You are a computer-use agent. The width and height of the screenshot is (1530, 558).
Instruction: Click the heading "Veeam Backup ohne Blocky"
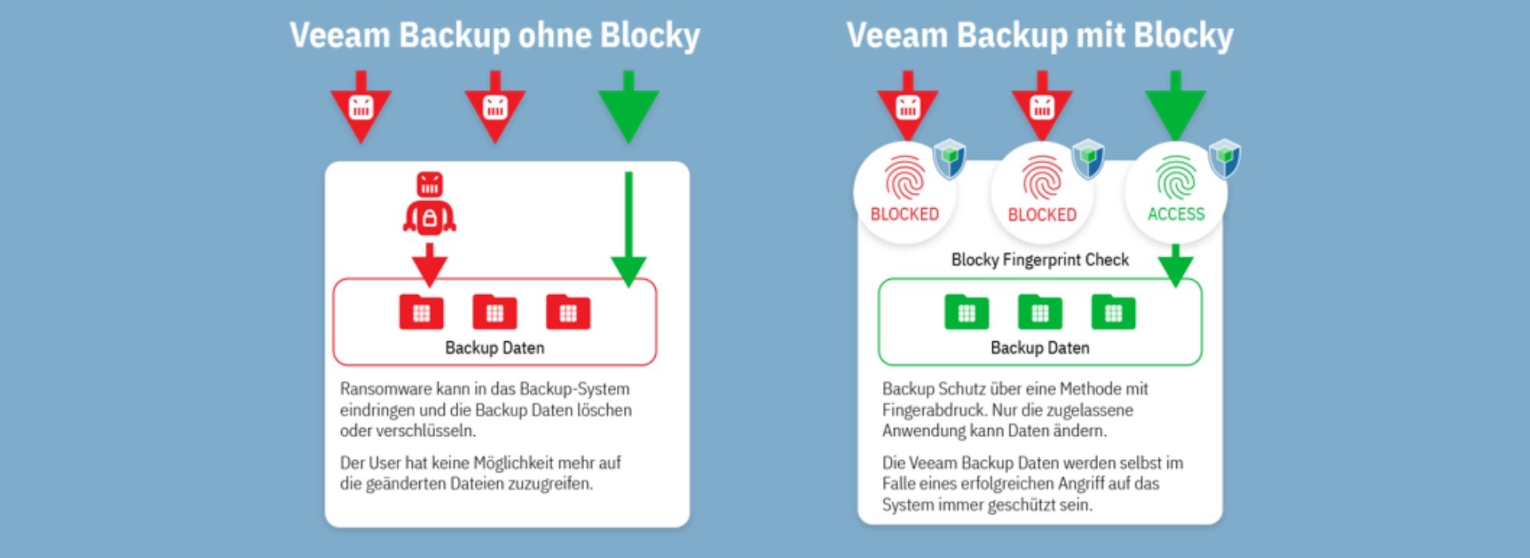point(494,36)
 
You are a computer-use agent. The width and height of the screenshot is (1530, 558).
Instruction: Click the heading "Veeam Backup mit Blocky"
point(1039,36)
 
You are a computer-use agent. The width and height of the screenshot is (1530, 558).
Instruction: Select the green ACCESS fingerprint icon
point(1175,177)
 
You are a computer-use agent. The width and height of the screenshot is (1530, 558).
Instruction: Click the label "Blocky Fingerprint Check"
point(1039,260)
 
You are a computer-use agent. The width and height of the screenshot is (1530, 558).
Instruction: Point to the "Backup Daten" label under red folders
point(494,348)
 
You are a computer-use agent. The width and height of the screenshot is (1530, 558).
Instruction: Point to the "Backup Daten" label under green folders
point(1039,348)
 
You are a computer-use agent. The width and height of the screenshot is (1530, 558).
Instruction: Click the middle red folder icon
point(494,312)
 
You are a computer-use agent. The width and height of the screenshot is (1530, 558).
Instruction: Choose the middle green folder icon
point(1039,312)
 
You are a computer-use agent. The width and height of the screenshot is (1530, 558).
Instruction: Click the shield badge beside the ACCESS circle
point(1224,157)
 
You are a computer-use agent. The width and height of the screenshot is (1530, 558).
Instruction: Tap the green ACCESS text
point(1175,214)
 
